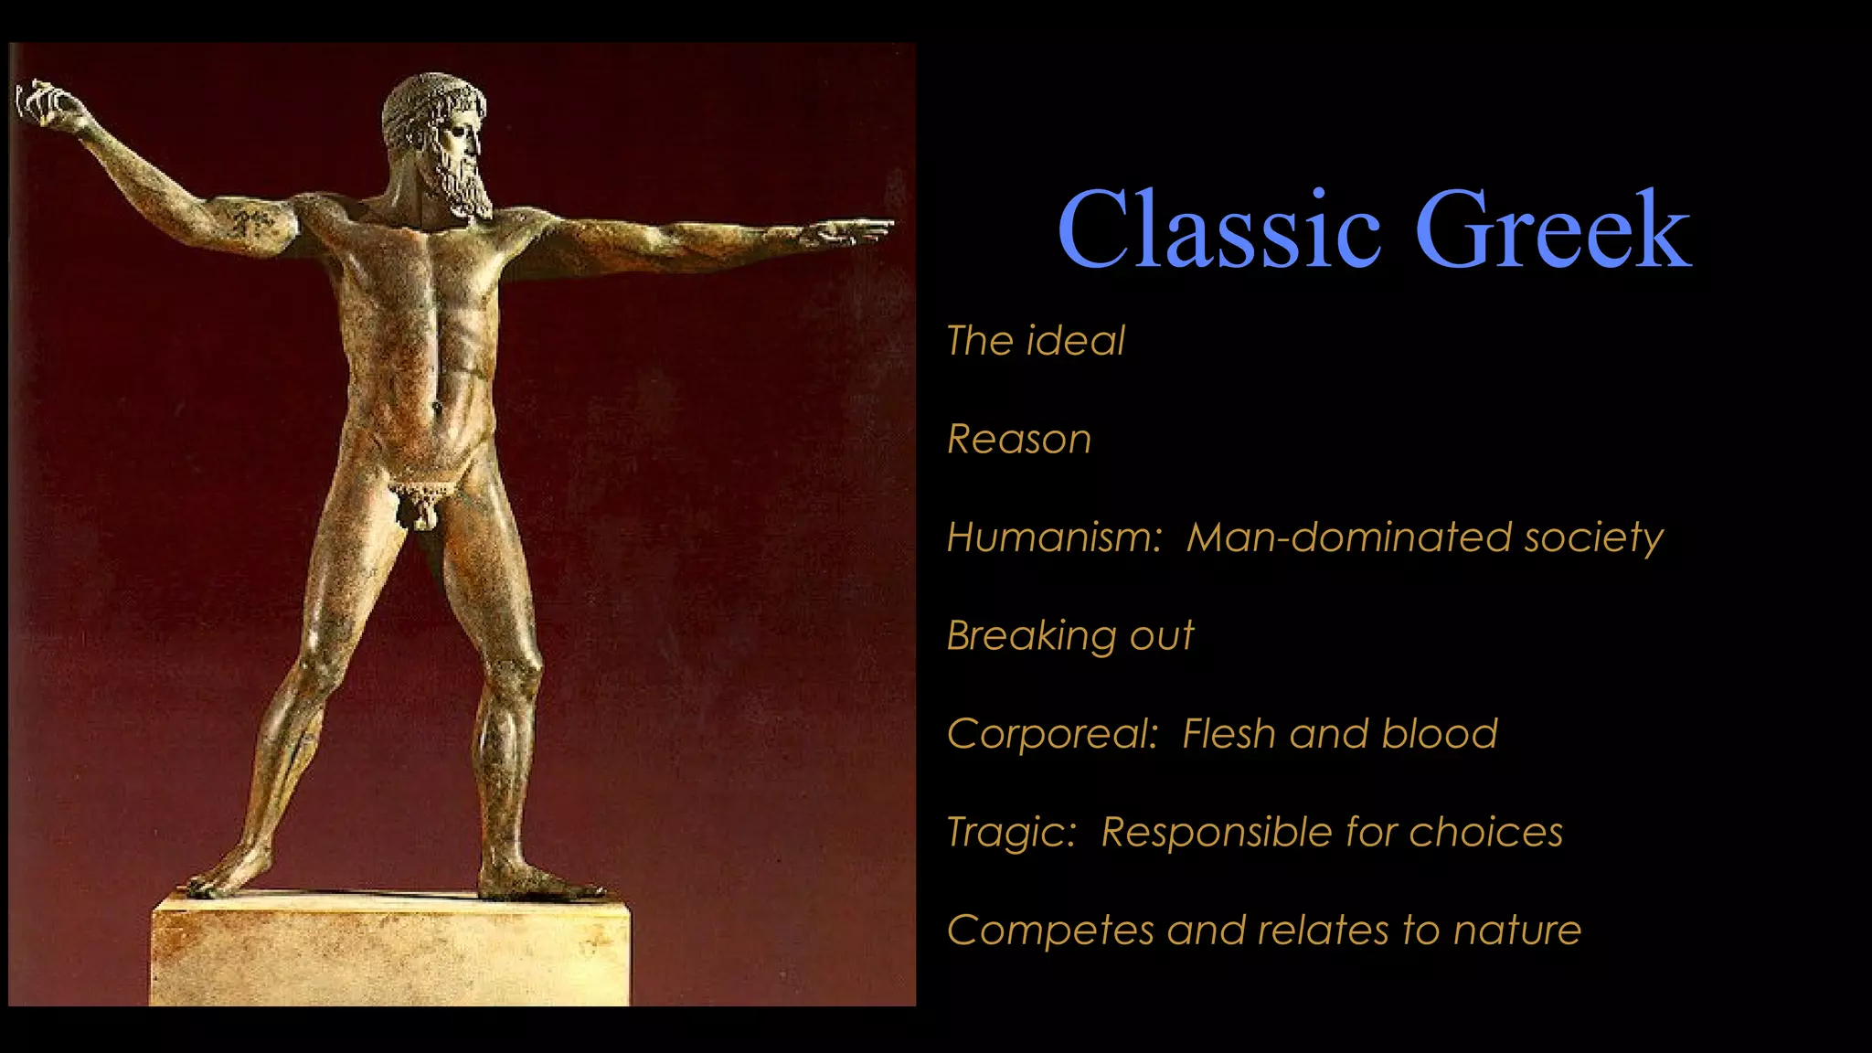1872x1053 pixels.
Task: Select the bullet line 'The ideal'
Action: click(1035, 341)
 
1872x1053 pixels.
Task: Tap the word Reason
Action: click(1019, 440)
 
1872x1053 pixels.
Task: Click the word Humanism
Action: click(1054, 537)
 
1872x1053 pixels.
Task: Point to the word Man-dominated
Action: click(1348, 537)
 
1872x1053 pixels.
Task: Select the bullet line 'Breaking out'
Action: click(1069, 636)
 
